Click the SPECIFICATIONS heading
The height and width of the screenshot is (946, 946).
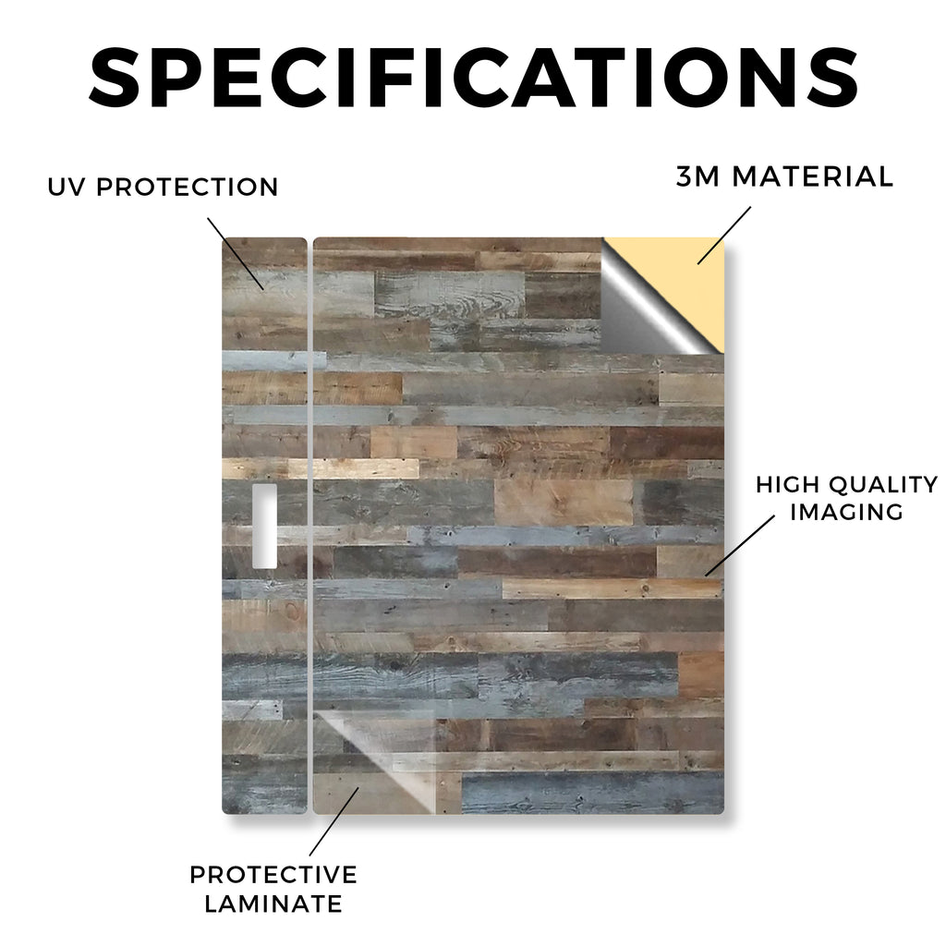[x=473, y=78]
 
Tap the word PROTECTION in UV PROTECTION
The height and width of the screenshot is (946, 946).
[x=187, y=187]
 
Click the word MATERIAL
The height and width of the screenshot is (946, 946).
[x=813, y=176]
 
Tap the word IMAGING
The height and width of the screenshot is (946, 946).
[x=846, y=512]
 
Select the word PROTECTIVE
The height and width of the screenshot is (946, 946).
[x=273, y=875]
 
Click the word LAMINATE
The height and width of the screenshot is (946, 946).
[x=273, y=904]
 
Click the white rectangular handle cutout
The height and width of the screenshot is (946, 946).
[x=264, y=526]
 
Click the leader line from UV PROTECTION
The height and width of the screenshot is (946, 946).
[x=236, y=253]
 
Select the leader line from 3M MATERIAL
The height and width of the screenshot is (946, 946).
[x=724, y=236]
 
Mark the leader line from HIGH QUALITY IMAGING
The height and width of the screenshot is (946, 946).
[x=740, y=545]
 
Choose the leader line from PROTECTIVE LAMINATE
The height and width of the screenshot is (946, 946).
[x=334, y=821]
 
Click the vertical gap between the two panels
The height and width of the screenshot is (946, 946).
[x=310, y=526]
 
